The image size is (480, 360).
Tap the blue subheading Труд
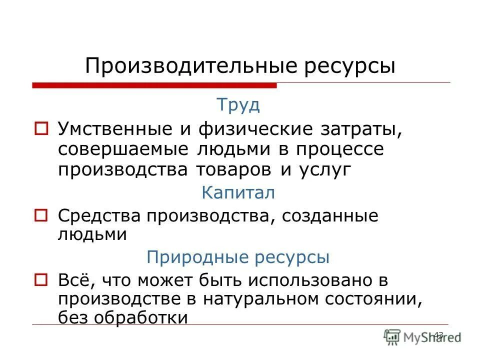(238, 105)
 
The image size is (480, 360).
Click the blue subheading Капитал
(238, 193)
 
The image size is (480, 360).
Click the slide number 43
(439, 334)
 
